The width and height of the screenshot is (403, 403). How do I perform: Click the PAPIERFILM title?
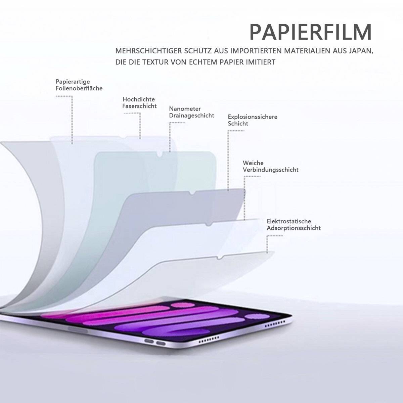click(311, 32)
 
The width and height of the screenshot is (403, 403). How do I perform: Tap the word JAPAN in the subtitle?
click(361, 51)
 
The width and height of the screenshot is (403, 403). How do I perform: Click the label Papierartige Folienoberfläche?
click(79, 85)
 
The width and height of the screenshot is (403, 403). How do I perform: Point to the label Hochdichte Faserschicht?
click(139, 103)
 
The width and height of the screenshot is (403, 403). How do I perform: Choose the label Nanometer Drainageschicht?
click(191, 112)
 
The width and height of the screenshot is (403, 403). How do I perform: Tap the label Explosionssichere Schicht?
click(253, 120)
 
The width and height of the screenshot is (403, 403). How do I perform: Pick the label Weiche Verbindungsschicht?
click(271, 166)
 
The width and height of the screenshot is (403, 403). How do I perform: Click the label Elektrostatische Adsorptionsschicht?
click(294, 225)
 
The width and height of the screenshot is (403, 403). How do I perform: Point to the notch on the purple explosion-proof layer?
click(192, 193)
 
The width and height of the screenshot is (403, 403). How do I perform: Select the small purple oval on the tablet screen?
click(255, 316)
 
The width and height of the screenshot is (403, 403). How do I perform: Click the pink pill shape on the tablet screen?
click(182, 305)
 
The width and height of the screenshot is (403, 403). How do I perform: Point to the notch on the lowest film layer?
click(220, 258)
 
